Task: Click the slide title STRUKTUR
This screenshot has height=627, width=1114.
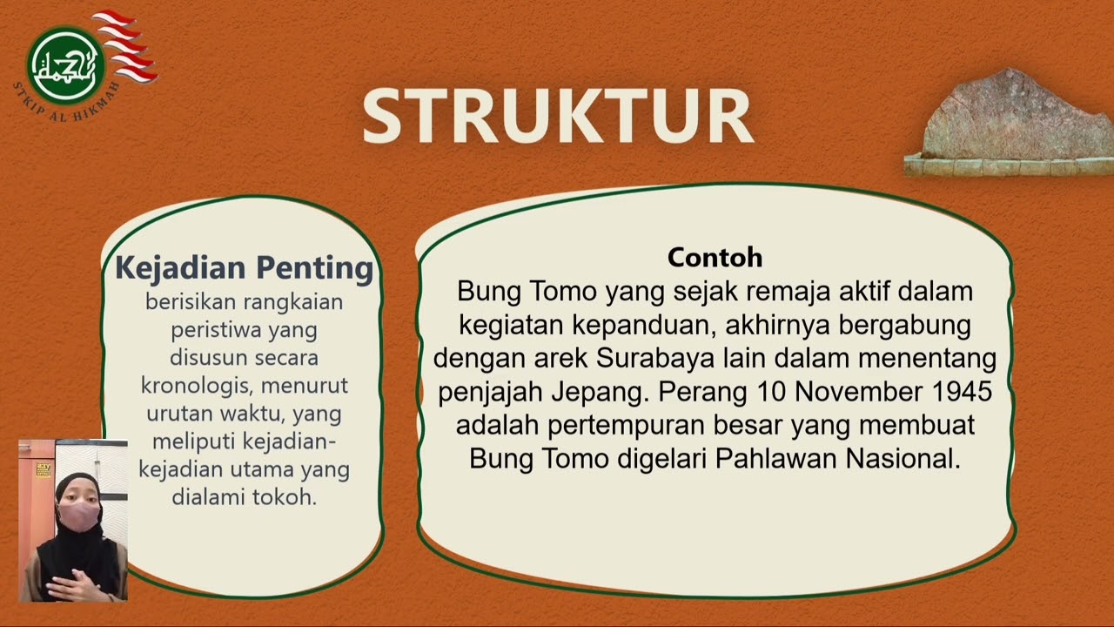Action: [557, 116]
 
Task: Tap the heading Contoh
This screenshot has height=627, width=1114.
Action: [715, 257]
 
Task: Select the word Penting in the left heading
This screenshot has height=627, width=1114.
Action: [319, 267]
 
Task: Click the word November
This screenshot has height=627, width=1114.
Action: [840, 392]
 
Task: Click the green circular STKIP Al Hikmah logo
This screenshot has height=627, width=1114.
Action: [66, 64]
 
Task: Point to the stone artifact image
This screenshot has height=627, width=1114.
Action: [1014, 122]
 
